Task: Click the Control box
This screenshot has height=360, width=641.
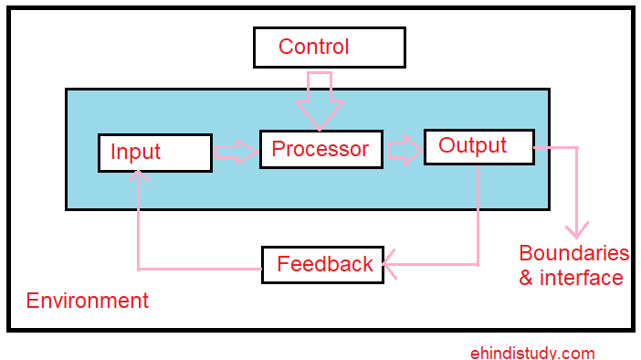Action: tap(330, 48)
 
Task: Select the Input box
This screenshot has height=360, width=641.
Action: tap(155, 153)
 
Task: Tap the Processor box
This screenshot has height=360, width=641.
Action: tap(320, 149)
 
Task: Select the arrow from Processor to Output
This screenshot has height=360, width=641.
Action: tap(404, 150)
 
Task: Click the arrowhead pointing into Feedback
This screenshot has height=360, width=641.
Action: tap(392, 265)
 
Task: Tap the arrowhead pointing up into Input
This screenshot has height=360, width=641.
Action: tap(137, 178)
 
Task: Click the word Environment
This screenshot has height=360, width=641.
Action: tap(87, 301)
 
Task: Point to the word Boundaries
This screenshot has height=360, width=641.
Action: tap(573, 253)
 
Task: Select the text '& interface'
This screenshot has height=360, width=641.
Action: tap(571, 278)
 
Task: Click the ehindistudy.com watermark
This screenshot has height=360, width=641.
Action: tap(532, 353)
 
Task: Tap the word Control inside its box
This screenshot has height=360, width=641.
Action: tap(313, 47)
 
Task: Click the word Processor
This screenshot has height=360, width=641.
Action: tap(320, 149)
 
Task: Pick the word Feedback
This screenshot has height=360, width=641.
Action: tap(325, 265)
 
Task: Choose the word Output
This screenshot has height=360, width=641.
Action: tap(472, 145)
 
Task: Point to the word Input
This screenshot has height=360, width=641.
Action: tap(135, 153)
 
